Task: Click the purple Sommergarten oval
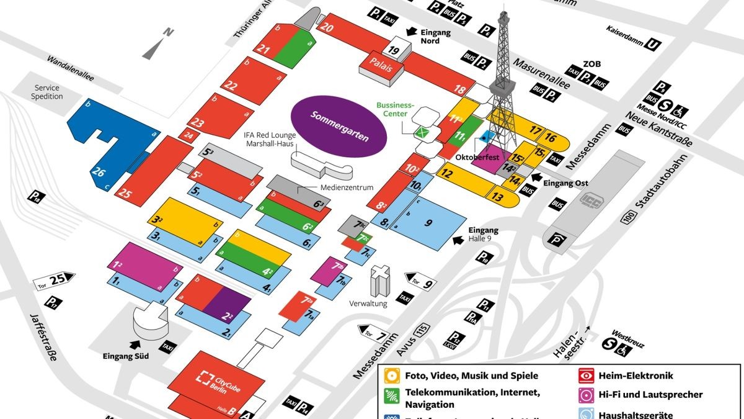click(339, 123)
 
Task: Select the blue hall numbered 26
click(99, 172)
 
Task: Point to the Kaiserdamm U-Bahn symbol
click(653, 44)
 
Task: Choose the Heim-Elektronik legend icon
click(585, 376)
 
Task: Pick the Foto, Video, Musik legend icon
click(392, 376)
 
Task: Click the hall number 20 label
click(328, 27)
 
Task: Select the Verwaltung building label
click(368, 304)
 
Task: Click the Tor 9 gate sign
click(421, 281)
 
